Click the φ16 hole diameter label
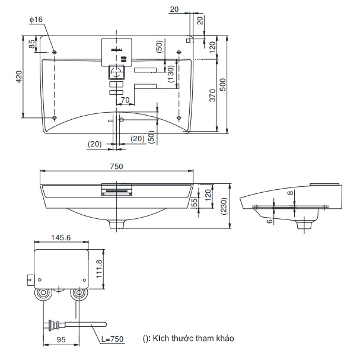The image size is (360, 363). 36,20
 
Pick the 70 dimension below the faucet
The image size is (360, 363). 125,100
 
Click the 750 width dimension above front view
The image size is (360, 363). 117,167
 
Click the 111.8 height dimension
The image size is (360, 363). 100,268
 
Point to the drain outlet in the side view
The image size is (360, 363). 307,224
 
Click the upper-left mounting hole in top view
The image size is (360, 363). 55,53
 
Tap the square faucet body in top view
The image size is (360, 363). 117,72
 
